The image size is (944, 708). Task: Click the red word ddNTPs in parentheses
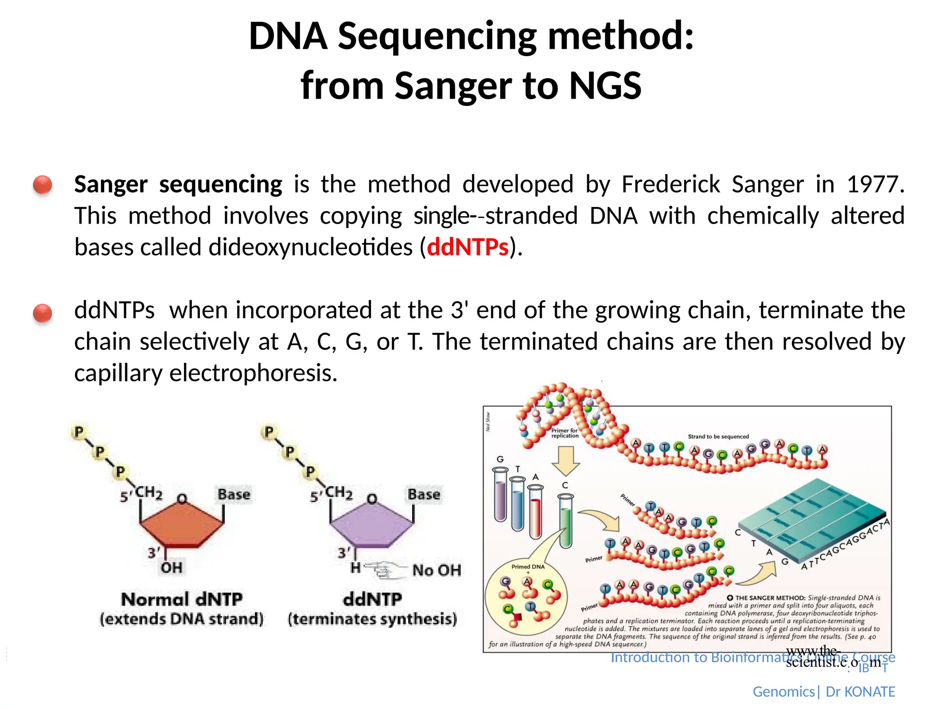[467, 248]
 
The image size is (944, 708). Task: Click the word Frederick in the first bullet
[670, 184]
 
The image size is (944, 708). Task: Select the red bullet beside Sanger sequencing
[42, 185]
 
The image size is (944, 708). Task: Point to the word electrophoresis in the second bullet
[253, 373]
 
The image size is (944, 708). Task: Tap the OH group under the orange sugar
[171, 567]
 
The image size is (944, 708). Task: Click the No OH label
[436, 570]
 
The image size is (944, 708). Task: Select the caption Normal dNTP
[182, 599]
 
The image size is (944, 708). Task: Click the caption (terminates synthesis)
[372, 619]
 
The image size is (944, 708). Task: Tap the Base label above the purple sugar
[424, 495]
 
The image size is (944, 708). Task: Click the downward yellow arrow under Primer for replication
[566, 461]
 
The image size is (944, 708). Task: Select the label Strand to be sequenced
[718, 436]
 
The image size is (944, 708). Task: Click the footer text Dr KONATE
[860, 692]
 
